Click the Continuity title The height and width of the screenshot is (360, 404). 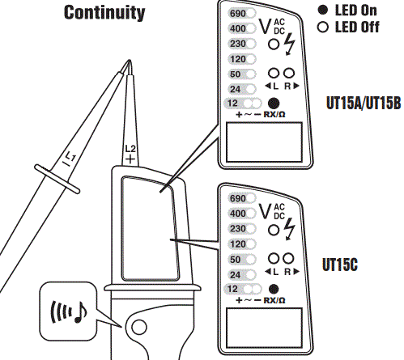pyautogui.click(x=105, y=12)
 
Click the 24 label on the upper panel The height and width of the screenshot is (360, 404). pyautogui.click(x=236, y=88)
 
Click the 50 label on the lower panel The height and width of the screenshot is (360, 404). pyautogui.click(x=236, y=259)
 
